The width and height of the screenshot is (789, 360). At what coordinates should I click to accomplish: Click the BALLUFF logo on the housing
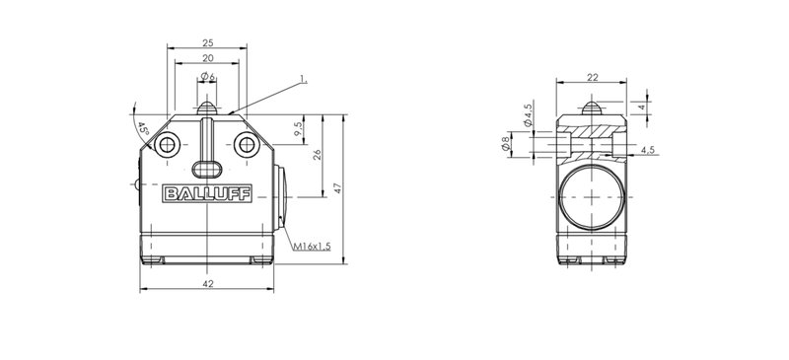tap(207, 193)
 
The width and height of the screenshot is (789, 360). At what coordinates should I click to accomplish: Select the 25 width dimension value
tap(207, 43)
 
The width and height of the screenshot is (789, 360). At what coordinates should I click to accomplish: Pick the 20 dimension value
tap(207, 58)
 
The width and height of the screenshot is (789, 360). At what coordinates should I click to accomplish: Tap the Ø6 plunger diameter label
tap(207, 77)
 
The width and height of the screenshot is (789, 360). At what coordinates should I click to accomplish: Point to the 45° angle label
tap(143, 128)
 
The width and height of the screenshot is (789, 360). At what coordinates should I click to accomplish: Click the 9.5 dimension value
tap(299, 129)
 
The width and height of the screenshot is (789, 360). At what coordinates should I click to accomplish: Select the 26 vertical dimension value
tap(317, 155)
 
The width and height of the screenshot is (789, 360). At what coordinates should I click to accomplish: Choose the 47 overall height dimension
tap(338, 188)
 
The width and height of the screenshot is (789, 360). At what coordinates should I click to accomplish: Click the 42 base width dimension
tap(207, 284)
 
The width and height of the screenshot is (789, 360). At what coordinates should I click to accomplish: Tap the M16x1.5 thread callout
tap(312, 247)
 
